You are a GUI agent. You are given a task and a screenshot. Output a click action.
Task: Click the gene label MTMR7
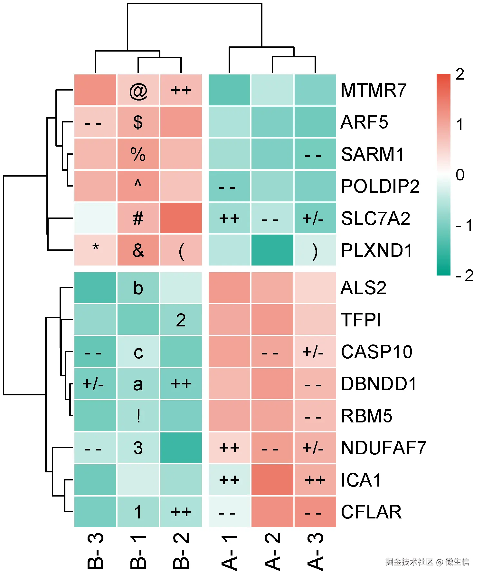(x=373, y=90)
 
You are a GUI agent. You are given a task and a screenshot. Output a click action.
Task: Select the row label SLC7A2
(x=375, y=218)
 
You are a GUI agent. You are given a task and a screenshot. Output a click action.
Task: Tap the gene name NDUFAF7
(x=384, y=448)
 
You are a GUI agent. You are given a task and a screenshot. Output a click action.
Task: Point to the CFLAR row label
(x=371, y=512)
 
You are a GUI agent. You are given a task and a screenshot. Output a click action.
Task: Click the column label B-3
(x=95, y=551)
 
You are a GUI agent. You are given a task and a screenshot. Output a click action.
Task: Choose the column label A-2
(x=272, y=551)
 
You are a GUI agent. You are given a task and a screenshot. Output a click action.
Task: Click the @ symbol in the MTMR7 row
(x=138, y=91)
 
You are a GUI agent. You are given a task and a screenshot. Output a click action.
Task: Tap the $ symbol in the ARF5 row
(x=138, y=122)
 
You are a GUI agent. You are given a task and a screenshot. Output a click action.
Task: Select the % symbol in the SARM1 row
(x=138, y=154)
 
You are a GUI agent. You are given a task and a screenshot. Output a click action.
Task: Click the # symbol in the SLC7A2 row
(x=138, y=218)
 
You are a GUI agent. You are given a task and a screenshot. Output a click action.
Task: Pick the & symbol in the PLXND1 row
(x=138, y=250)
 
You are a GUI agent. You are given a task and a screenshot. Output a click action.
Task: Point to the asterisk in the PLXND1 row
(x=95, y=248)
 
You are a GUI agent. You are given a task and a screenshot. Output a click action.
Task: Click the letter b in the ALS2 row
(x=138, y=288)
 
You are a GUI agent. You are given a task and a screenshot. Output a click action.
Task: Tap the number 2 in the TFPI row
(x=181, y=320)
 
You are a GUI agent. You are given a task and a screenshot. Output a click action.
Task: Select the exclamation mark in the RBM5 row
(x=138, y=416)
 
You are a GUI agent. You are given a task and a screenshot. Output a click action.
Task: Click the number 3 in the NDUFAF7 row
(x=138, y=448)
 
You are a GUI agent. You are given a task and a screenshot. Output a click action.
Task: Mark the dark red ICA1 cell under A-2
(x=272, y=480)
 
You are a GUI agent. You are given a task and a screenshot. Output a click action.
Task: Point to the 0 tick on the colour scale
(x=460, y=175)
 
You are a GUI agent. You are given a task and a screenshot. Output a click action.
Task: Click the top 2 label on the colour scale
(x=460, y=74)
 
